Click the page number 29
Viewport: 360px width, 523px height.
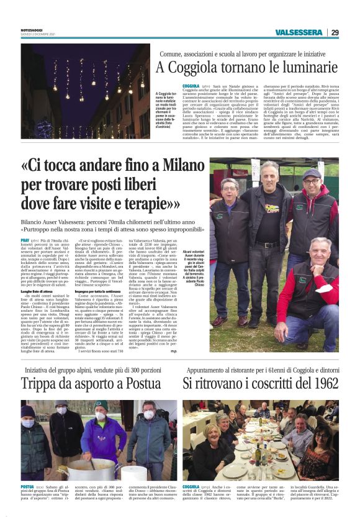pos(335,32)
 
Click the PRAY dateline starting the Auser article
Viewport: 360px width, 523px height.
pos(25,239)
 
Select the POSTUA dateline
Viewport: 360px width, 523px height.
pos(27,486)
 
